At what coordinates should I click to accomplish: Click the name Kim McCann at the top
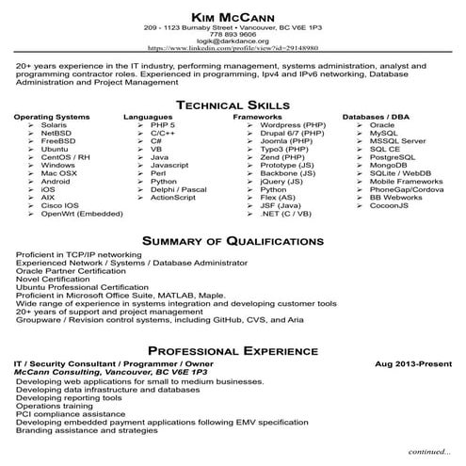click(x=232, y=18)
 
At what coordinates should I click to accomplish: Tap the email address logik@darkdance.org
click(x=232, y=42)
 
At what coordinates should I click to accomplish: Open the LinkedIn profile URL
click(x=233, y=50)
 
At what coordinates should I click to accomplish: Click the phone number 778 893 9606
click(x=232, y=35)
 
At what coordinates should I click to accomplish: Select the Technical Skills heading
click(x=232, y=104)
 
